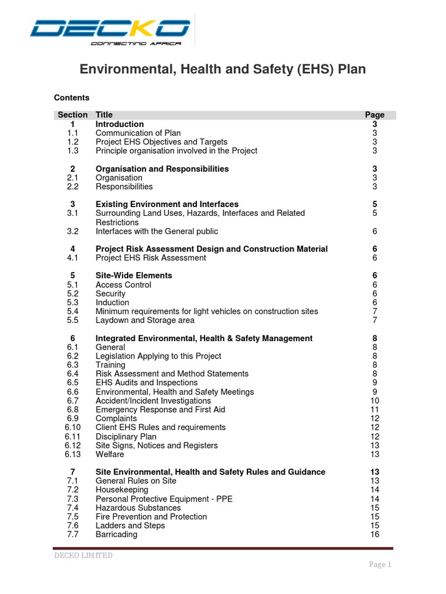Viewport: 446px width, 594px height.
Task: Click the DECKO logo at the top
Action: tap(110, 28)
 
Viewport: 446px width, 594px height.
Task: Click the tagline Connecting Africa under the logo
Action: tap(136, 44)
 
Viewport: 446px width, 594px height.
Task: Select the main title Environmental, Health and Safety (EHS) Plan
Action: tap(222, 70)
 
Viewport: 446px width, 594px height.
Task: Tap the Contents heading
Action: tap(72, 97)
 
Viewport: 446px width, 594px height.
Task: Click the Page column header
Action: tap(375, 115)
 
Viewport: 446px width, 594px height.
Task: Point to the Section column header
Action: tap(73, 115)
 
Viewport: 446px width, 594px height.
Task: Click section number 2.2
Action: tap(73, 187)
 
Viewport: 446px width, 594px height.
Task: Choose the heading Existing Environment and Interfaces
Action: tap(167, 204)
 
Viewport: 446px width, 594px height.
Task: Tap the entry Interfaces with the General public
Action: tap(157, 231)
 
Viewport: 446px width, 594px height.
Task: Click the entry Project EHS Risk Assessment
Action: tap(151, 258)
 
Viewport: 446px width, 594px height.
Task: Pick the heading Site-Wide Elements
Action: tap(134, 276)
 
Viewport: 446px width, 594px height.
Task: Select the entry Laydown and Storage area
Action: tap(145, 320)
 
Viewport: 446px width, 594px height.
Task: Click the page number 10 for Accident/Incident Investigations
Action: tap(375, 401)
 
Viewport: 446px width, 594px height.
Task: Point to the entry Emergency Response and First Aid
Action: tap(160, 410)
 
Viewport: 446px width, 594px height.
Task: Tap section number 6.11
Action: tap(73, 436)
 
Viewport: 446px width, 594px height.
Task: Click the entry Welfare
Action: tap(110, 454)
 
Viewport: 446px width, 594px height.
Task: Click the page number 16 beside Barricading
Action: tap(375, 534)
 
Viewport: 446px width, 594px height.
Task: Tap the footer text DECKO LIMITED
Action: tap(84, 556)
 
